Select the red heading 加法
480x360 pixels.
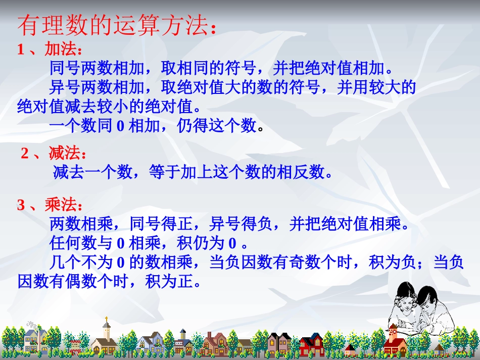point(60,49)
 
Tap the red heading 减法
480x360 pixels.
point(64,153)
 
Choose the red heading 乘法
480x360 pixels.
point(60,205)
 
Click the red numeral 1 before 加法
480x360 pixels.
point(21,49)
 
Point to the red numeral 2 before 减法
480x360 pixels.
point(25,153)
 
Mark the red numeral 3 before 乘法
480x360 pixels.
point(21,205)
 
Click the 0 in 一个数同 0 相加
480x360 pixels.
point(120,126)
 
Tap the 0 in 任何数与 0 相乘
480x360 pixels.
point(120,243)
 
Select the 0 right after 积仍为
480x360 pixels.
point(232,243)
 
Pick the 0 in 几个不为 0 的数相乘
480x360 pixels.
point(120,263)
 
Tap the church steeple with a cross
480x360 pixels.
point(106,326)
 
